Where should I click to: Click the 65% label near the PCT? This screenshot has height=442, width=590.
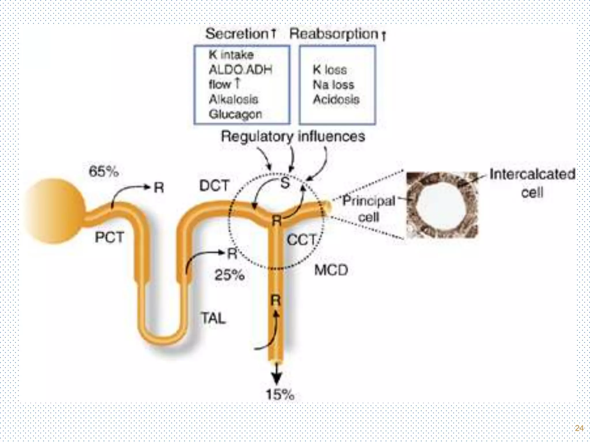coord(104,172)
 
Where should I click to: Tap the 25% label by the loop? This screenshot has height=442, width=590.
coord(229,275)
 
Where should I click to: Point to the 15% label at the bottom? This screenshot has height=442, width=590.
coord(280,394)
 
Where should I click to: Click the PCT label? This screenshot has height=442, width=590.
coord(109,237)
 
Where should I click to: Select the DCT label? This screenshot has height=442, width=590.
coord(214,186)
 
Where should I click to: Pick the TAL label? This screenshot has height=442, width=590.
coord(213,318)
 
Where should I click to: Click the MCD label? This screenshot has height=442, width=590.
coord(331,270)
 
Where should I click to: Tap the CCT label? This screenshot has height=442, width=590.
coord(302,240)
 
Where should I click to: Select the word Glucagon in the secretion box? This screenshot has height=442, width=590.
coord(235,114)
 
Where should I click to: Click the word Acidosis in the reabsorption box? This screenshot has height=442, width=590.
coord(336,100)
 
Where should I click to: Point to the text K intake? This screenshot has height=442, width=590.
coord(231,55)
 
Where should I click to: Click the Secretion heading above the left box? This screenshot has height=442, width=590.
coord(237,34)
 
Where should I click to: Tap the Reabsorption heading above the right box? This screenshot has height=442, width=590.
coord(334,34)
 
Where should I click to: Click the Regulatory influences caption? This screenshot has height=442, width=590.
coord(293,136)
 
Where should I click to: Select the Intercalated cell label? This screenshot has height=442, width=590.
coord(532,183)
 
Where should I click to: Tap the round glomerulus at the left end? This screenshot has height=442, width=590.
coord(55,211)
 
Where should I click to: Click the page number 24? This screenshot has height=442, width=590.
coord(579,428)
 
